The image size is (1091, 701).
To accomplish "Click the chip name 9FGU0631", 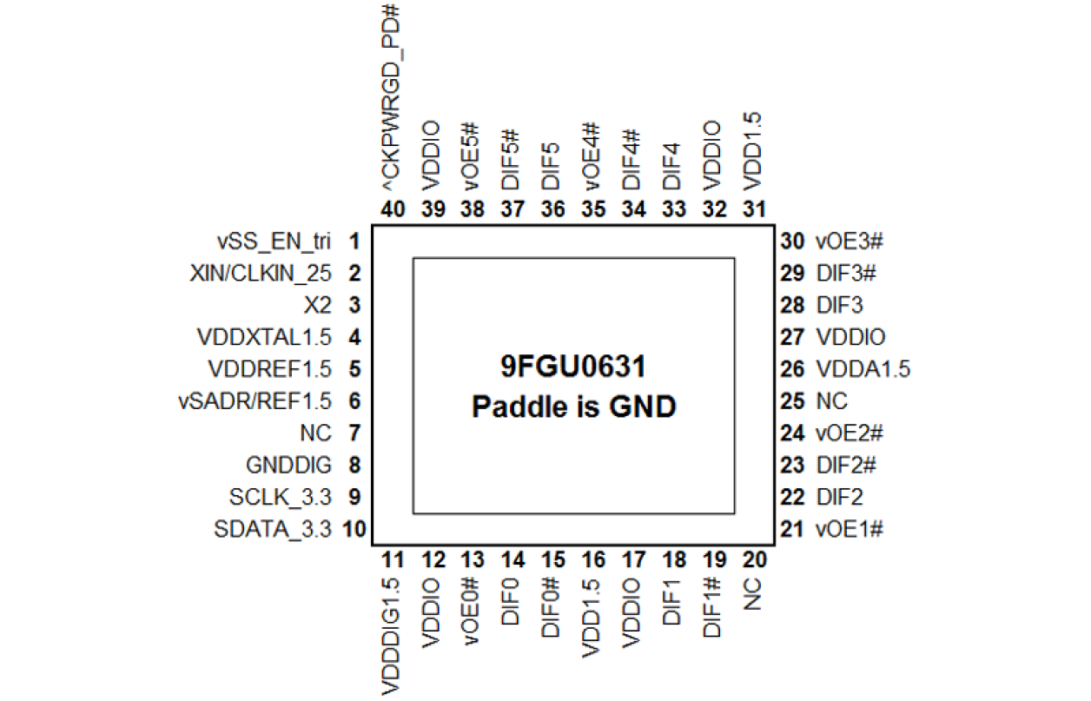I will pyautogui.click(x=573, y=368).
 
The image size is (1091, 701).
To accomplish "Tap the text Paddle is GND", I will pyautogui.click(x=573, y=407).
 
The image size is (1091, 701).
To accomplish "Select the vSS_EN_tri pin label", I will pyautogui.click(x=274, y=241).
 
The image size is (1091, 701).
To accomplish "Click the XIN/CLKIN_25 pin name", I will pyautogui.click(x=261, y=273).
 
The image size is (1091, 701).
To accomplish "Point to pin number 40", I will pyautogui.click(x=393, y=210).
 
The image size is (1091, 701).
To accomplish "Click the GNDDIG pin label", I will pyautogui.click(x=288, y=466).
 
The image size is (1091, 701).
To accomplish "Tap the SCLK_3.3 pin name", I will pyautogui.click(x=280, y=498).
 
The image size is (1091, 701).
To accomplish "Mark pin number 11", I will pyautogui.click(x=393, y=559).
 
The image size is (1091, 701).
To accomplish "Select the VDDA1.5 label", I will pyautogui.click(x=863, y=369).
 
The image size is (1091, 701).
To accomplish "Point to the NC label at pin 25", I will pyautogui.click(x=831, y=401).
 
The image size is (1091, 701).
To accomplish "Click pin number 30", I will pyautogui.click(x=792, y=241).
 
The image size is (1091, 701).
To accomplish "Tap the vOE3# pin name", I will pyautogui.click(x=849, y=241).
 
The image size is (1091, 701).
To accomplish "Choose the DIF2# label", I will pyautogui.click(x=845, y=466).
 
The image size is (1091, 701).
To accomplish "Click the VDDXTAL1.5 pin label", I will pyautogui.click(x=265, y=337).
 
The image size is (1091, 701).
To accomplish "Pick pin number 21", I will pyautogui.click(x=792, y=529).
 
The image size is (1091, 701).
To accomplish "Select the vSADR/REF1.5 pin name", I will pyautogui.click(x=255, y=401).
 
